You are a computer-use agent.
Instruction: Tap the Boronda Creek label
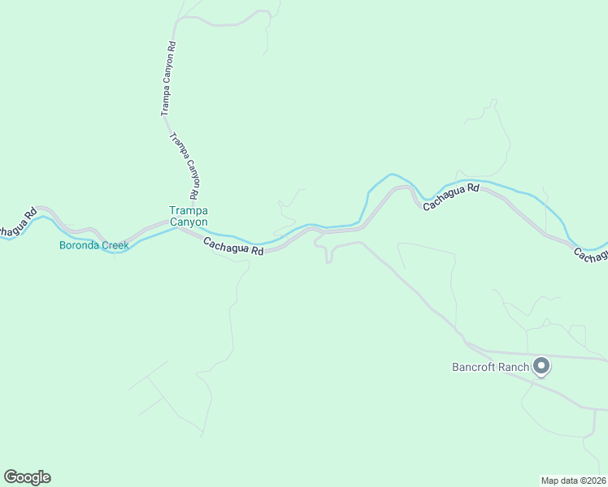[x=93, y=245]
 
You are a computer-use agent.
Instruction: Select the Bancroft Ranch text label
[x=490, y=367]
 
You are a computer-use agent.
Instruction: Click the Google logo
[x=27, y=477]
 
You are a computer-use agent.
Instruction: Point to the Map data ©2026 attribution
[x=572, y=480]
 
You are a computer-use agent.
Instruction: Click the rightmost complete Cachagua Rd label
[x=452, y=196]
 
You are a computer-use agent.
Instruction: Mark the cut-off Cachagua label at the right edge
[x=591, y=255]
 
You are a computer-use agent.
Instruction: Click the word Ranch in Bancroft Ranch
[x=515, y=367]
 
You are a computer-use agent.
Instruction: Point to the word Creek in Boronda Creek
[x=115, y=245]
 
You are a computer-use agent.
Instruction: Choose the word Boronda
[x=79, y=245]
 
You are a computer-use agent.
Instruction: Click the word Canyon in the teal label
[x=189, y=222]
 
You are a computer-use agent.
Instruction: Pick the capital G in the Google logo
[x=11, y=477]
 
